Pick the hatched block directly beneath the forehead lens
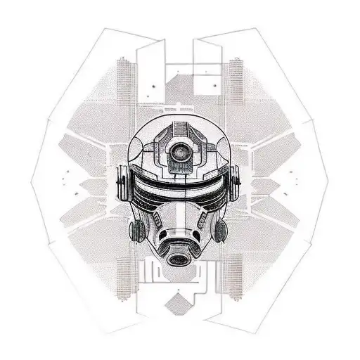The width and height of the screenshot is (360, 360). pos(181,169)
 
